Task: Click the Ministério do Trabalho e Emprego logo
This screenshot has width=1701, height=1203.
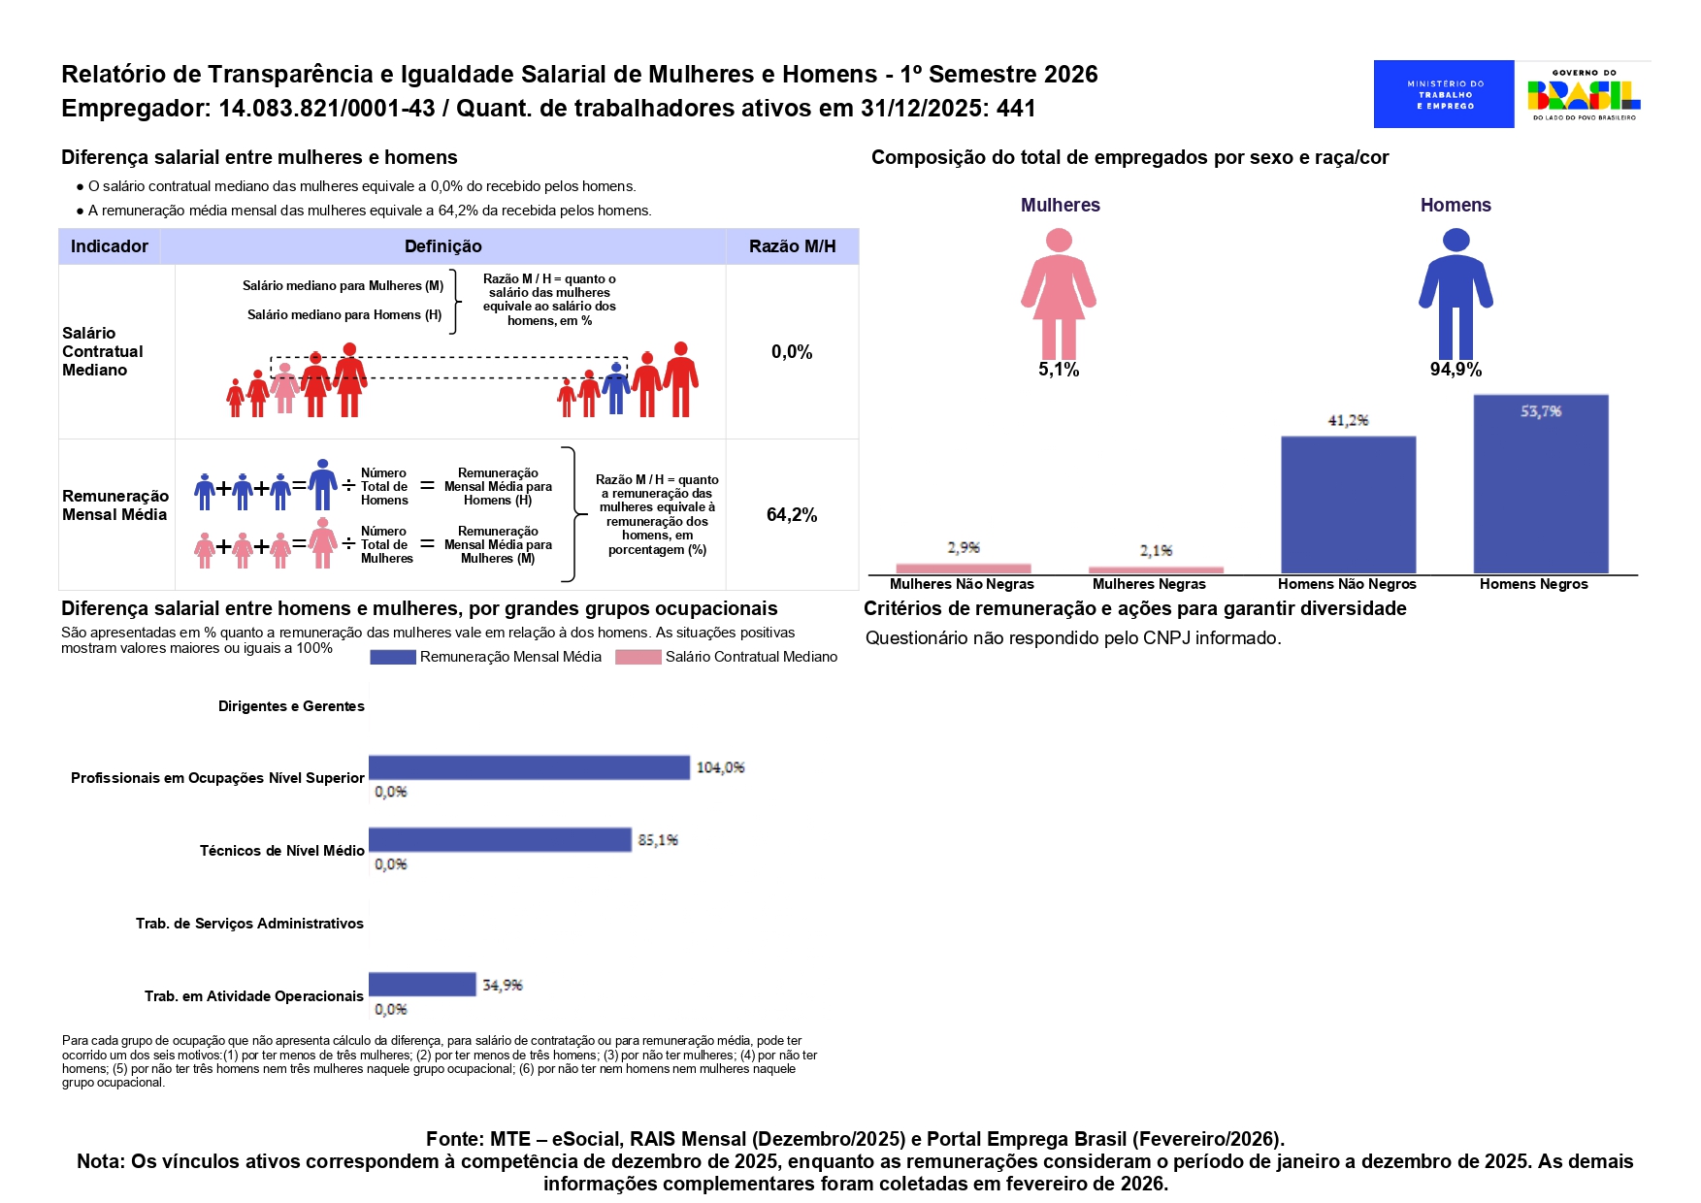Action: click(1443, 94)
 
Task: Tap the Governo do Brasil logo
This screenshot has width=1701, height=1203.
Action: click(1584, 94)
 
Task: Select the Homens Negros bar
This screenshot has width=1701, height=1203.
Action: click(1540, 484)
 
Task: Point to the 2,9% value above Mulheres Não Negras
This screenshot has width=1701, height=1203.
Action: click(964, 548)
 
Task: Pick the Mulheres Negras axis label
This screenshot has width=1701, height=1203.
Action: click(1149, 584)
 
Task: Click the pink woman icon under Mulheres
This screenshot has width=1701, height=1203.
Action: click(1059, 294)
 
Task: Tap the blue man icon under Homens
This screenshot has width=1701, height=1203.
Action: click(1456, 294)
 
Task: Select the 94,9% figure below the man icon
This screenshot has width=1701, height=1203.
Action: click(1456, 370)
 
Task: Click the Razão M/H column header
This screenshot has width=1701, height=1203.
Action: click(792, 246)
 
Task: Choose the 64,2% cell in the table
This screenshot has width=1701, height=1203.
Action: click(792, 515)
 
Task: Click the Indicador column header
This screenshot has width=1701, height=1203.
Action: click(110, 246)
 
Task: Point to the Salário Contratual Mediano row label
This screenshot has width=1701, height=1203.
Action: click(102, 351)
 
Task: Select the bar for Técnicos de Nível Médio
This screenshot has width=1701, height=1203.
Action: click(500, 840)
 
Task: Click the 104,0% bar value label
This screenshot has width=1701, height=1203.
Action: click(720, 767)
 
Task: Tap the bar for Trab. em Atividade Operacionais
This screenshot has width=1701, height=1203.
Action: click(422, 985)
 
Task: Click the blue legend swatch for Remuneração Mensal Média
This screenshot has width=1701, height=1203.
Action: click(393, 658)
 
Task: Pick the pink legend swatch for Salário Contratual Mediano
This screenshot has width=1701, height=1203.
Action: click(638, 658)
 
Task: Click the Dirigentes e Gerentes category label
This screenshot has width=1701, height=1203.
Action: click(291, 706)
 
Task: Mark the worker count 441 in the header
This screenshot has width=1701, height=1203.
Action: click(1016, 109)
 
